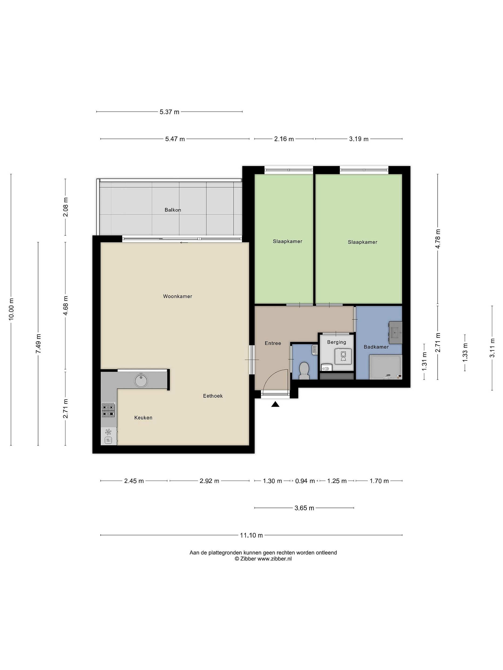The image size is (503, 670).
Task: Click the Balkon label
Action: click(x=173, y=210)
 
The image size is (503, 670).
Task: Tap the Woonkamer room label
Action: click(x=177, y=296)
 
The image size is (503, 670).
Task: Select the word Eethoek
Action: click(x=213, y=396)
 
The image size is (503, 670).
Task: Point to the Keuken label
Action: click(x=143, y=418)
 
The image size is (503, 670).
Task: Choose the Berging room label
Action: click(x=336, y=342)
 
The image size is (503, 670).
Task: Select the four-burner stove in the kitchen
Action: click(x=109, y=410)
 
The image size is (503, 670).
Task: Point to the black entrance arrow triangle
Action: click(x=275, y=404)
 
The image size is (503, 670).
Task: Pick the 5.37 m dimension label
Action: click(x=170, y=112)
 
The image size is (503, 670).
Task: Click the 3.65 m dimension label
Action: click(x=304, y=508)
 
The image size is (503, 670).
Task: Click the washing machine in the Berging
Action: click(x=343, y=356)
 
